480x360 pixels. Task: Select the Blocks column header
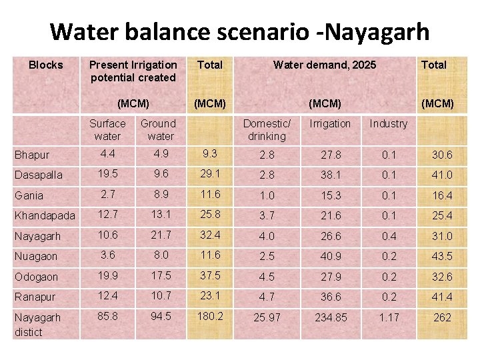(46, 65)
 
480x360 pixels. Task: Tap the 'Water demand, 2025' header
(325, 65)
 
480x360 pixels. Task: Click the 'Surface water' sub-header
(107, 129)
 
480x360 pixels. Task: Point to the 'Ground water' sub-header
(158, 129)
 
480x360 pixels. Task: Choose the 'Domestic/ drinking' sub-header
(267, 129)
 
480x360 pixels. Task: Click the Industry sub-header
(388, 123)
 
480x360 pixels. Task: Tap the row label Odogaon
(37, 277)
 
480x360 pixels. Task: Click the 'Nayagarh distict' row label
(37, 324)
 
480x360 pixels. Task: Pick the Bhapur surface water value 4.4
(107, 154)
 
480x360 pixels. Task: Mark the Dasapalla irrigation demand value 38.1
(330, 174)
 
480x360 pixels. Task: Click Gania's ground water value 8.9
(158, 194)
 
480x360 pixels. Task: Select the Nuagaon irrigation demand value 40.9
(330, 255)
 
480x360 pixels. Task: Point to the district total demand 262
(442, 317)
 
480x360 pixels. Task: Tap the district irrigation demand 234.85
(331, 317)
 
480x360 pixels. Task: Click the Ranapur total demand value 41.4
(442, 296)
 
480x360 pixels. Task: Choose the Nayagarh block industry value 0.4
(388, 235)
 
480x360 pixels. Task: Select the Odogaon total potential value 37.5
(210, 275)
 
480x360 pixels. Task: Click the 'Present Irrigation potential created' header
(133, 71)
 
